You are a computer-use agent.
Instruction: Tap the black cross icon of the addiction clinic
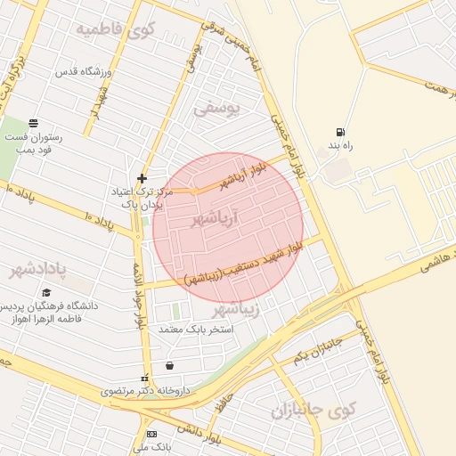pos(142,179)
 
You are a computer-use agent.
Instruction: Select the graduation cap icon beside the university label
pos(46,292)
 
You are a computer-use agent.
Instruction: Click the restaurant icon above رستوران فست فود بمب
pos(33,123)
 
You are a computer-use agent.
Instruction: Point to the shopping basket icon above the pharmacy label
pos(169,365)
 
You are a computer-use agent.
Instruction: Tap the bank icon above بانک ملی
pos(151,433)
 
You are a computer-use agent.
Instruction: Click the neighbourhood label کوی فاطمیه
pos(115,30)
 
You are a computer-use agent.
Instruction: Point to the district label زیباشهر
pos(237,309)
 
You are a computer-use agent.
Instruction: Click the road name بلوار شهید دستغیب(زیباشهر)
pos(242,265)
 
